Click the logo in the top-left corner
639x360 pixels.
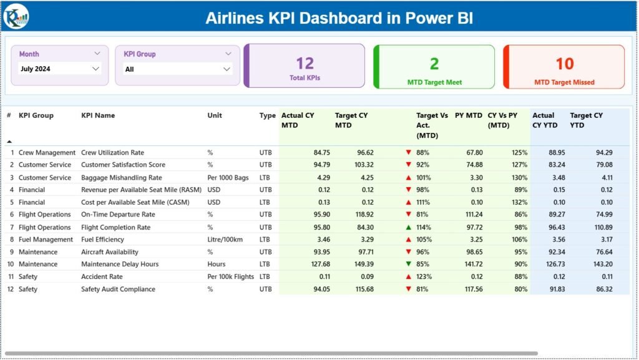[x=15, y=17]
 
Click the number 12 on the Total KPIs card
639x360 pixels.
[x=305, y=63]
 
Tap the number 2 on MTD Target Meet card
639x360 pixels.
[x=434, y=63]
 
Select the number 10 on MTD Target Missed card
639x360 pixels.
[x=564, y=63]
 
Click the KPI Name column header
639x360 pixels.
[x=98, y=115]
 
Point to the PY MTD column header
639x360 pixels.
[x=468, y=115]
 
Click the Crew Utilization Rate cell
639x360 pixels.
[x=112, y=152]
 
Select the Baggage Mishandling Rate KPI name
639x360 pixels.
[x=121, y=177]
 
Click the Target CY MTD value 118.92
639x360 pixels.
[x=362, y=215]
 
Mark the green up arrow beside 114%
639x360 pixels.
[x=408, y=227]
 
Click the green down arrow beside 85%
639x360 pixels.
[x=408, y=264]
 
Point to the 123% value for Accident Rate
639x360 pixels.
[x=424, y=276]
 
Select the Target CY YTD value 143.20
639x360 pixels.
[x=600, y=264]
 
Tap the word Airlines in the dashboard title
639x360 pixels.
[x=236, y=17]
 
